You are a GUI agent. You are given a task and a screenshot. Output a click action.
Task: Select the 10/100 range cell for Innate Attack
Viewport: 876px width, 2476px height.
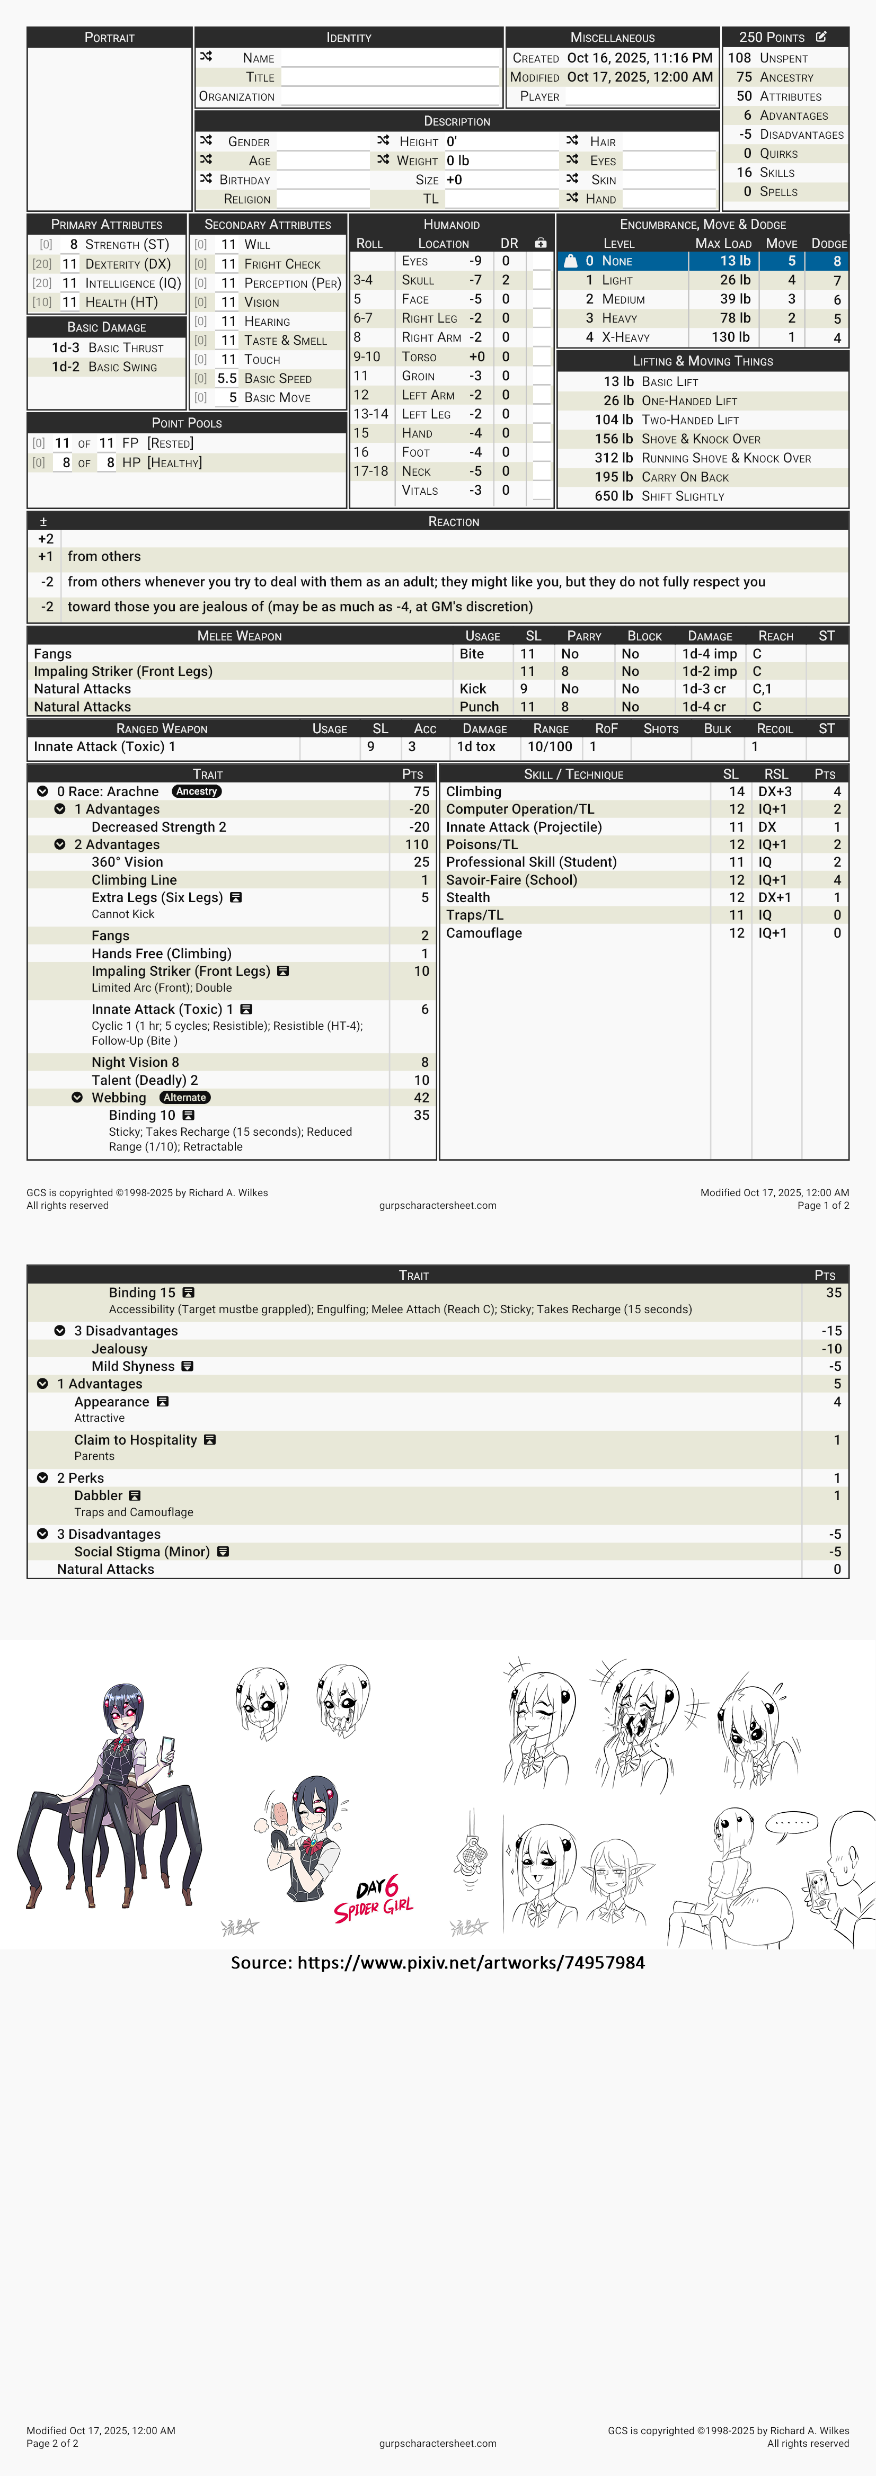pos(550,747)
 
